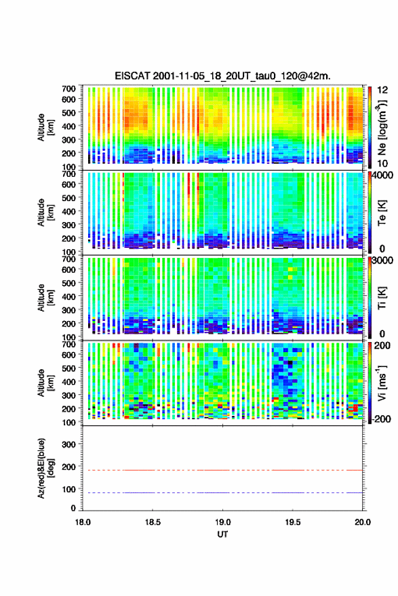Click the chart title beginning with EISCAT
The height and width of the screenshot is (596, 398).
[222, 76]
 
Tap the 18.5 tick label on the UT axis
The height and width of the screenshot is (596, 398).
[153, 522]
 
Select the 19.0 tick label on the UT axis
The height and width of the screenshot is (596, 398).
[222, 522]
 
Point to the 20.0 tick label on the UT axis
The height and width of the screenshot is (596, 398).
[363, 522]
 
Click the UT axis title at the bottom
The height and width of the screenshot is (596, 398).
[222, 534]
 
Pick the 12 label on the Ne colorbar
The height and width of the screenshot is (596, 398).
[383, 90]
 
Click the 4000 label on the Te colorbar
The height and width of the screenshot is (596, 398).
[383, 175]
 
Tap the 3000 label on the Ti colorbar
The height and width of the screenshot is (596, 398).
[383, 260]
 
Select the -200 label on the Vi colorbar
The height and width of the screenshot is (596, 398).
[381, 419]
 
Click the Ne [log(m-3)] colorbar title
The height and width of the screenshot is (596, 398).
[382, 128]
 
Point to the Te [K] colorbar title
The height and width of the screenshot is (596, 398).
[382, 213]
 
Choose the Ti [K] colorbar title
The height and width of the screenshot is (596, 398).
[382, 297]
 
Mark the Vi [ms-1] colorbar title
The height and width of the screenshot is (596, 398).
[382, 383]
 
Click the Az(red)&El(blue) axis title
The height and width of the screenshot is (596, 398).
[45, 468]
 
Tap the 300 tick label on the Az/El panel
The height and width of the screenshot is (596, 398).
[68, 444]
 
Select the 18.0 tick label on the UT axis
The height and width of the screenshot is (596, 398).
[83, 522]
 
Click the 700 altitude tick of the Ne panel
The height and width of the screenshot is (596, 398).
[68, 89]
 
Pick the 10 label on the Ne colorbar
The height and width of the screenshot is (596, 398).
[383, 163]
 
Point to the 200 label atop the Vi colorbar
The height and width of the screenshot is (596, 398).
[382, 345]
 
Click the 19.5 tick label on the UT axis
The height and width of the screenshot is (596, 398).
[293, 522]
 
